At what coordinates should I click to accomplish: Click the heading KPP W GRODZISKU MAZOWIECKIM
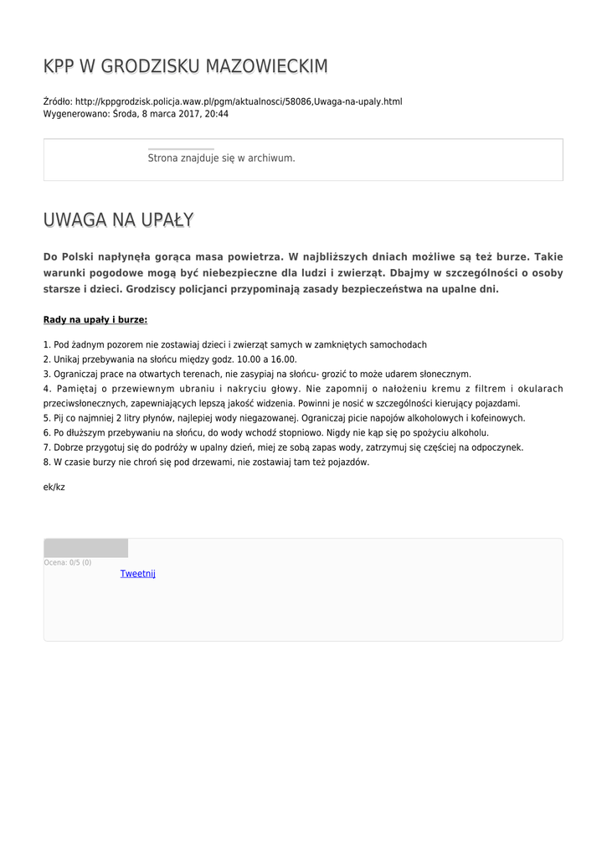[185, 66]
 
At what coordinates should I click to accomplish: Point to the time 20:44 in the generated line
[217, 114]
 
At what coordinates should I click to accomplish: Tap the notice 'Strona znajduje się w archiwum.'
[221, 158]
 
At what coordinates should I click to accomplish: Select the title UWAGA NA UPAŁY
[118, 220]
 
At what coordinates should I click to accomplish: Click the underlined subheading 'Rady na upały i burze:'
[95, 319]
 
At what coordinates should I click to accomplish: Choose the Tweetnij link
[137, 574]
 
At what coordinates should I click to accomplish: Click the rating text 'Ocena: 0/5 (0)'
[68, 562]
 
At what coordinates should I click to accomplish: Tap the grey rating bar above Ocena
[85, 548]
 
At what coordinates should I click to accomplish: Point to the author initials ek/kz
[54, 487]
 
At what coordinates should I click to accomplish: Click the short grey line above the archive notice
[180, 149]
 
